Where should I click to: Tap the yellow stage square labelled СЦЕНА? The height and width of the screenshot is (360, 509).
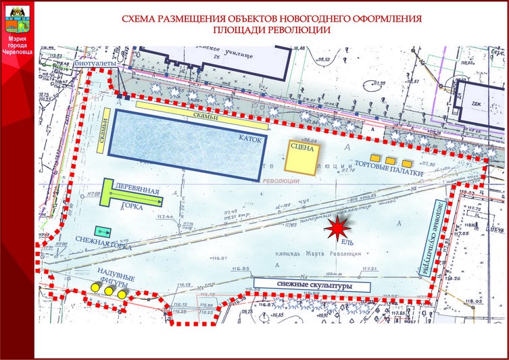pyautogui.click(x=301, y=157)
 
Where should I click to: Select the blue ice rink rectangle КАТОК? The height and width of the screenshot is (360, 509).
pyautogui.click(x=186, y=143)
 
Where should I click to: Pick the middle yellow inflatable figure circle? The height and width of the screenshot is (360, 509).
pyautogui.click(x=108, y=291)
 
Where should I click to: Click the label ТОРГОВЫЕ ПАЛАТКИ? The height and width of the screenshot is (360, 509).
pyautogui.click(x=390, y=172)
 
